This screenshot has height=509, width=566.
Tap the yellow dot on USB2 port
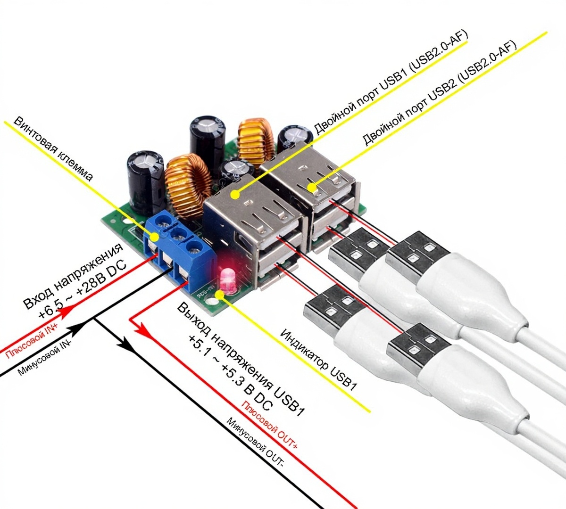pos(312,187)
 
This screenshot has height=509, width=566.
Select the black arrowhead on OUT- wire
pos(126,344)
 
